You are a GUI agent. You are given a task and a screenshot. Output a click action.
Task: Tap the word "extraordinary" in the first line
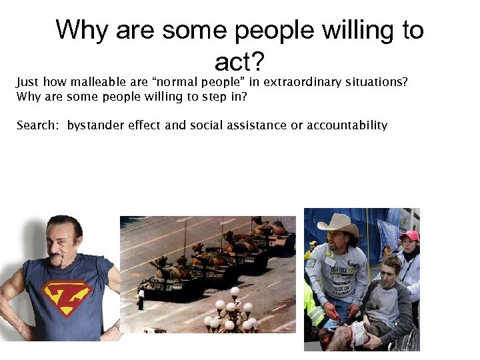[297, 83]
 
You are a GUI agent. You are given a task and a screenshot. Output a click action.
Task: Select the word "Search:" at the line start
[38, 125]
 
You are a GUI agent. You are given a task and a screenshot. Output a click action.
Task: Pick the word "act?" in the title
[240, 62]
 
